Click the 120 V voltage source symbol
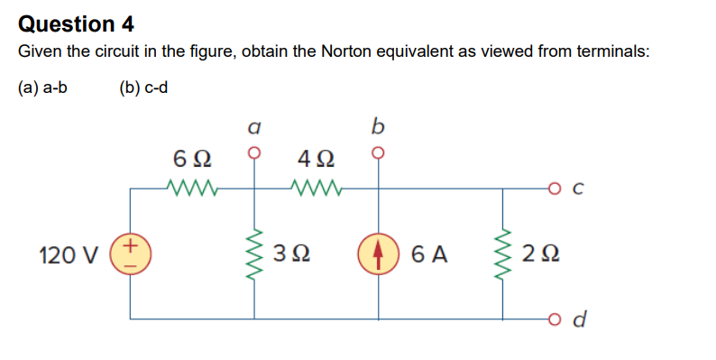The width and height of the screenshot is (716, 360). coord(130,254)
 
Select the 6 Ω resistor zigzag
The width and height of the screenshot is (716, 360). coord(191,189)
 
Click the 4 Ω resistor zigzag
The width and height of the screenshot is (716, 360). coord(315,189)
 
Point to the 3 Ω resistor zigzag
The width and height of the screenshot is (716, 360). coord(254,254)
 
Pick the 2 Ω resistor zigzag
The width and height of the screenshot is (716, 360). coord(503,254)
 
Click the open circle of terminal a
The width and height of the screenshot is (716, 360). coord(254,152)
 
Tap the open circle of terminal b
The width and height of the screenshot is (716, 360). coord(378,152)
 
